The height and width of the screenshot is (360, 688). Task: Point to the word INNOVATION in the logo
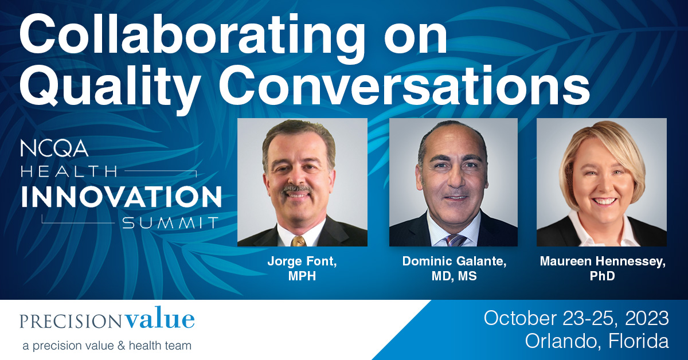click(121, 197)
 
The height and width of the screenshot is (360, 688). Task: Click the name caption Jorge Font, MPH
click(302, 268)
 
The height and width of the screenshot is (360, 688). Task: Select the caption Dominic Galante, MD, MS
click(453, 268)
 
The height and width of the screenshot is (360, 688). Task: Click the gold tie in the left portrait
click(298, 240)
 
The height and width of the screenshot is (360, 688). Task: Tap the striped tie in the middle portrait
click(455, 239)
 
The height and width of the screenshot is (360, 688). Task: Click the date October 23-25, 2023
click(576, 318)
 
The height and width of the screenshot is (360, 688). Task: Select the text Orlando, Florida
click(597, 342)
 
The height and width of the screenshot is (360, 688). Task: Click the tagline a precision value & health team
click(107, 346)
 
